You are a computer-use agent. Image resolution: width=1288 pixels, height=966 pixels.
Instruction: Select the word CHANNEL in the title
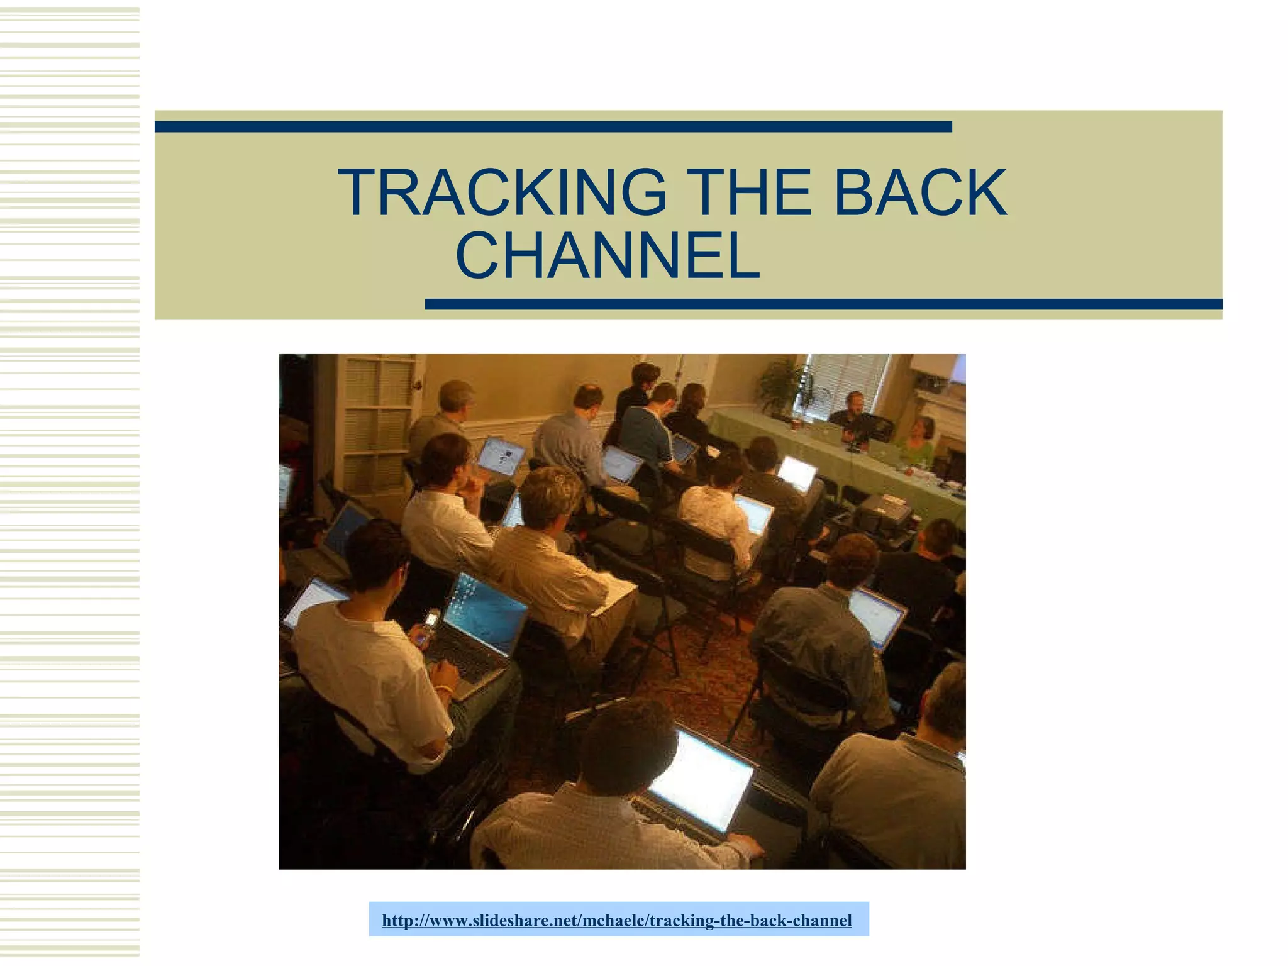[x=607, y=256]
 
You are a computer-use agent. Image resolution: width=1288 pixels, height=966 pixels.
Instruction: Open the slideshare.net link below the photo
[x=617, y=921]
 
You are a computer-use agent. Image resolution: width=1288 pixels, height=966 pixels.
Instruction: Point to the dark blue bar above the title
[x=553, y=127]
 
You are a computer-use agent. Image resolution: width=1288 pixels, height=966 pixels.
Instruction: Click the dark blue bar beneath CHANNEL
[x=823, y=304]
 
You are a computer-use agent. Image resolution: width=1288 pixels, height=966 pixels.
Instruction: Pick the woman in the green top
[x=919, y=441]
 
